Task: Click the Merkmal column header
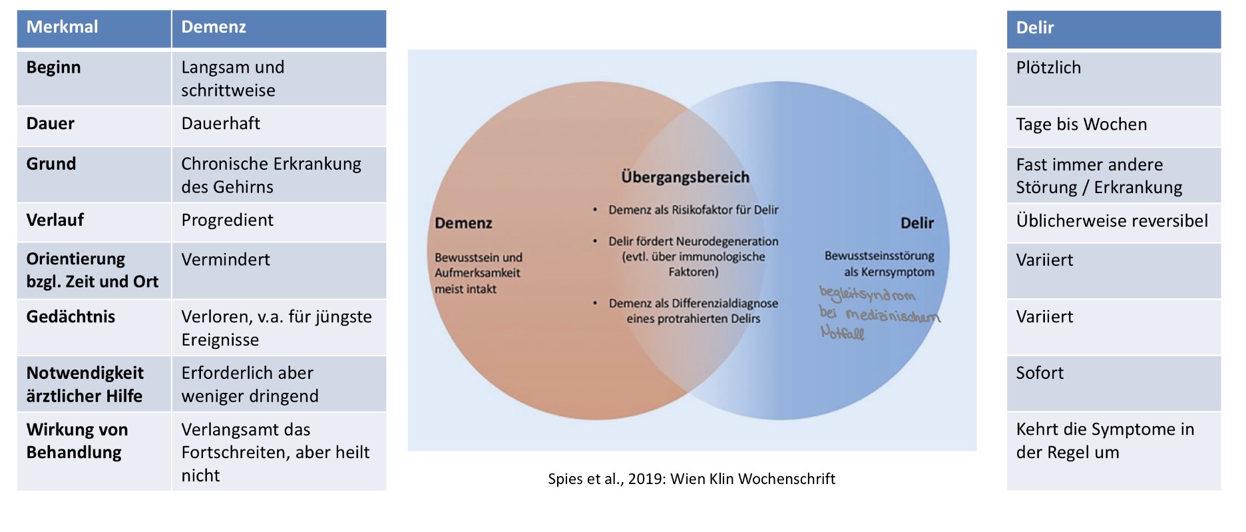62,27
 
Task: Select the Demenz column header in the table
214,27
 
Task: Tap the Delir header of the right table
1035,28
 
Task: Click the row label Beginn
53,67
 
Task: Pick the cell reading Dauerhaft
220,123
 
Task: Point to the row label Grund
51,164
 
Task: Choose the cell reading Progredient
227,220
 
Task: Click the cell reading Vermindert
226,260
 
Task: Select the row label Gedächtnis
71,316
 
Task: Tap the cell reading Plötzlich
1048,68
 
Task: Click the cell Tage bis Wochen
1082,125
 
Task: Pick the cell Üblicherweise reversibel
1112,221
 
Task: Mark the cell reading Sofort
1040,373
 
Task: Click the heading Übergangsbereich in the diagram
685,177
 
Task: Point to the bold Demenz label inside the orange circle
463,223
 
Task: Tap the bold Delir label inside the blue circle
917,223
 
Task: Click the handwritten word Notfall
842,332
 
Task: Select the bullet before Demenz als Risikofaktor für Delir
595,210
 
